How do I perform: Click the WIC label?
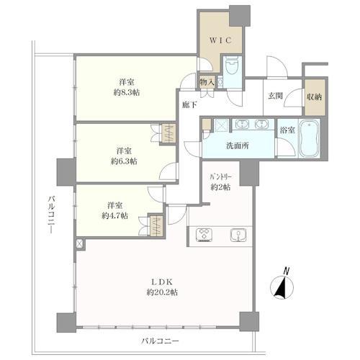220,40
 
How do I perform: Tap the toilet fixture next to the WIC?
232,68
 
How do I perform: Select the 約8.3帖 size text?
127,92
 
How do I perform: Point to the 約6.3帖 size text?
124,161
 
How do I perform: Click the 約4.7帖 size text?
114,216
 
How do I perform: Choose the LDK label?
162,282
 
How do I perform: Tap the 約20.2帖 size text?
162,292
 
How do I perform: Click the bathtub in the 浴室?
309,138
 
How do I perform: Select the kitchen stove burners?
204,235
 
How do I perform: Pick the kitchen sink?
238,235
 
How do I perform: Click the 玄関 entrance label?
275,96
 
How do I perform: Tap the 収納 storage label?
314,97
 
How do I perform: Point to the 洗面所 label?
238,145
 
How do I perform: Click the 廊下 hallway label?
189,105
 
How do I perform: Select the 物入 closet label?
207,82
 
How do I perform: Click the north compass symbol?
282,287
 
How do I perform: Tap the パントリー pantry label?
220,177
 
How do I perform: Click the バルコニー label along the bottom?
160,341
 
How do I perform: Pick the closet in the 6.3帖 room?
168,133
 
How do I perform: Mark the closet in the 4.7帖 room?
156,225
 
